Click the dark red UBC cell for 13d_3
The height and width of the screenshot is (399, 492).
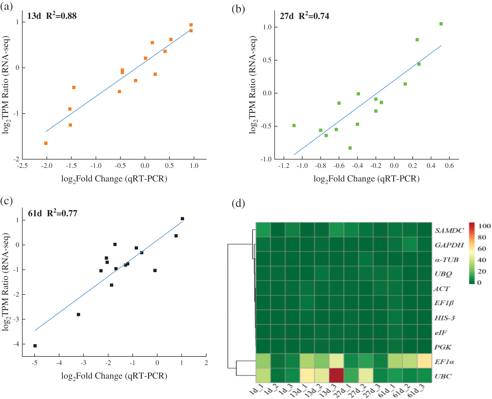click(x=336, y=375)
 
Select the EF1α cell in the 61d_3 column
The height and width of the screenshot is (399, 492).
click(x=424, y=361)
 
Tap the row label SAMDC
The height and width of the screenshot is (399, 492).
click(x=449, y=230)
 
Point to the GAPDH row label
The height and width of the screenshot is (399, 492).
click(x=449, y=245)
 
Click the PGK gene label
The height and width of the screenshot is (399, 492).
click(x=443, y=347)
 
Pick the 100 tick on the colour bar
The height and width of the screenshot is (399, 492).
click(x=484, y=226)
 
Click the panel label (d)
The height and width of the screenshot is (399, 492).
click(x=238, y=203)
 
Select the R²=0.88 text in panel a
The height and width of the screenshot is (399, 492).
click(x=61, y=16)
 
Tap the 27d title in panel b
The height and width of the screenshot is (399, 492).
click(x=287, y=16)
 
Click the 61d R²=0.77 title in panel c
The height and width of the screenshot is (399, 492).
click(x=52, y=213)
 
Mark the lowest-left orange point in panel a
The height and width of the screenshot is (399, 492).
click(x=46, y=143)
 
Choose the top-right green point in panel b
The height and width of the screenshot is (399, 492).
click(x=441, y=24)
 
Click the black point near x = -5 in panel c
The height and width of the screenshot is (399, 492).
click(x=35, y=346)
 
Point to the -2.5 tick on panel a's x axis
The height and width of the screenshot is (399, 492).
click(x=22, y=166)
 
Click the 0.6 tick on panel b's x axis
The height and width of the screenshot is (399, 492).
click(x=449, y=166)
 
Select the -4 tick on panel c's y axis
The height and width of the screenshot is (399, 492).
click(x=17, y=344)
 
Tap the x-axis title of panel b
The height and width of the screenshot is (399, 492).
click(x=366, y=179)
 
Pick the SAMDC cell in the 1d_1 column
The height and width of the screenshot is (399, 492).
click(x=263, y=230)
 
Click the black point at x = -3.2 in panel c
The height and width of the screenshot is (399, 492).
click(x=79, y=314)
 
